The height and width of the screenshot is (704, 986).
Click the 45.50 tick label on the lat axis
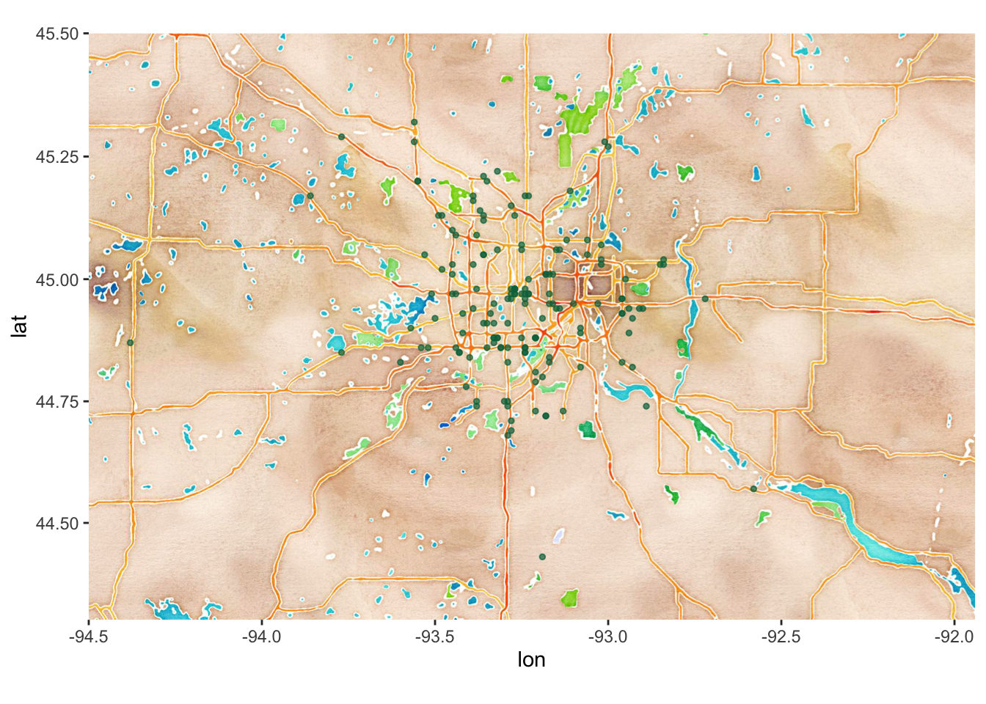click(57, 34)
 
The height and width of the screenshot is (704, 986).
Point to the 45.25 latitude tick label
click(57, 157)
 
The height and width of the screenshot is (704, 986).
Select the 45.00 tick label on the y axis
click(57, 279)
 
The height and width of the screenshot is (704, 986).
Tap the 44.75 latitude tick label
click(57, 402)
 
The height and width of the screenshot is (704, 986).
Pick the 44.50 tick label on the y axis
click(57, 524)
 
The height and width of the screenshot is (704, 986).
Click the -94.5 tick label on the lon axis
click(89, 637)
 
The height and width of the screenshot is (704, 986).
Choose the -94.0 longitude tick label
click(262, 637)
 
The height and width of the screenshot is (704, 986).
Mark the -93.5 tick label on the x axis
click(435, 637)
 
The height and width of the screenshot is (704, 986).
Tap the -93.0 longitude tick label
click(608, 637)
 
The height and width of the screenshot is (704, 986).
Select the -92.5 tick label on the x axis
click(781, 637)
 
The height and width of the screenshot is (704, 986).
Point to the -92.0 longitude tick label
click(954, 637)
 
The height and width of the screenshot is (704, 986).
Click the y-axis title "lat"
click(20, 326)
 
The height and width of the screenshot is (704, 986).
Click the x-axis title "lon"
click(531, 660)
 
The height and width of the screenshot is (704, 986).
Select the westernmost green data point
click(130, 342)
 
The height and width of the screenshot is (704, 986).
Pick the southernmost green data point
click(542, 557)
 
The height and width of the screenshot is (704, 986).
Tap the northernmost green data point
click(415, 122)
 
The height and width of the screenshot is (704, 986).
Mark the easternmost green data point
click(753, 488)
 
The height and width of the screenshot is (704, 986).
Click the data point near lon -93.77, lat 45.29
click(341, 136)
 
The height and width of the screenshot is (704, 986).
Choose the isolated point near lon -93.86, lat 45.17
click(310, 196)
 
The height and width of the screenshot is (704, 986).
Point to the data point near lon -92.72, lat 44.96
click(705, 298)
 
